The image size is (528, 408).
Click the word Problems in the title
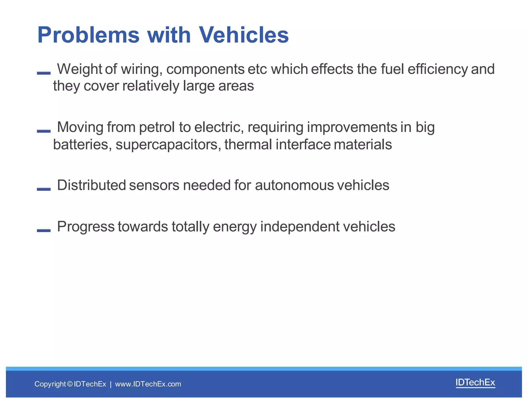(x=88, y=35)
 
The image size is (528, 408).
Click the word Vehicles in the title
(x=244, y=35)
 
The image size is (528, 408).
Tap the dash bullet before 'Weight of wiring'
(x=44, y=73)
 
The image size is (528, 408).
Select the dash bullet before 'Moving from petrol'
(x=44, y=131)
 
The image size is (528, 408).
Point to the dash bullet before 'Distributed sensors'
(x=44, y=189)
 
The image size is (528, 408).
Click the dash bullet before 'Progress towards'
(x=44, y=230)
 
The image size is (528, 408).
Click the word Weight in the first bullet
(x=79, y=69)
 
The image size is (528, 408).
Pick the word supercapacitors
(x=168, y=144)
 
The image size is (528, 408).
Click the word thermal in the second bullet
(x=248, y=144)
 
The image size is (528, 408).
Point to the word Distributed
(x=91, y=185)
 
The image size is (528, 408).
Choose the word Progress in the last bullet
(x=86, y=226)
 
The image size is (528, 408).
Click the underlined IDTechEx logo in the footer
(x=475, y=382)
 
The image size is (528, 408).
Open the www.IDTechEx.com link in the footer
(x=148, y=384)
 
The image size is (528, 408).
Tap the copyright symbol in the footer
(x=70, y=384)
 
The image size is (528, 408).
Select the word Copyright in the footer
(x=50, y=384)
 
